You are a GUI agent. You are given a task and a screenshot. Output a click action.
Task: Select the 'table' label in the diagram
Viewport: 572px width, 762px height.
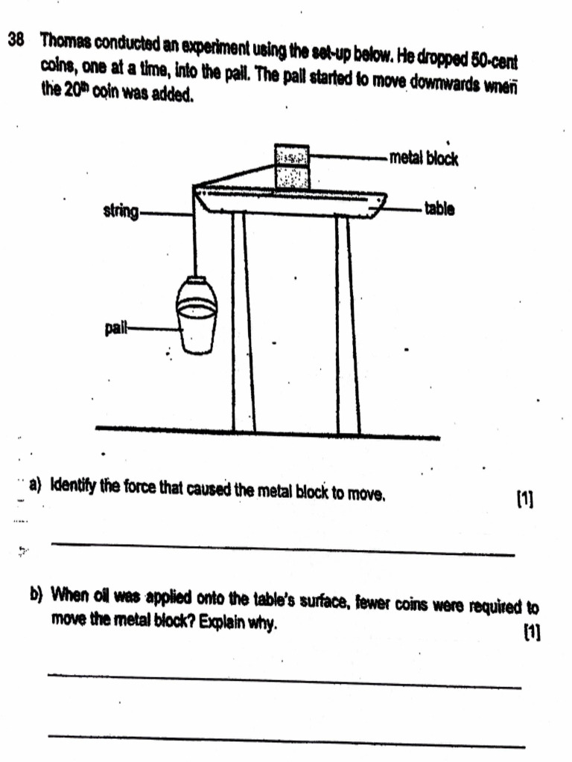click(x=439, y=209)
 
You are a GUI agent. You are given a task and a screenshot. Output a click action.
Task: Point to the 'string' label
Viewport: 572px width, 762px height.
click(x=121, y=212)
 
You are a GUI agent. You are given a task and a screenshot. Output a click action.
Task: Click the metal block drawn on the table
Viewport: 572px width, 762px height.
click(x=292, y=167)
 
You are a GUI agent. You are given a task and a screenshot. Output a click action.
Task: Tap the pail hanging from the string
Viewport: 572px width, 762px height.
click(x=197, y=316)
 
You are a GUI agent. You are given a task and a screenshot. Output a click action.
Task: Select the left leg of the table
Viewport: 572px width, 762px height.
click(x=243, y=320)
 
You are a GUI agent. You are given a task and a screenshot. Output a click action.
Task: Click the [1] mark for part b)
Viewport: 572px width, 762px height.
click(x=531, y=633)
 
